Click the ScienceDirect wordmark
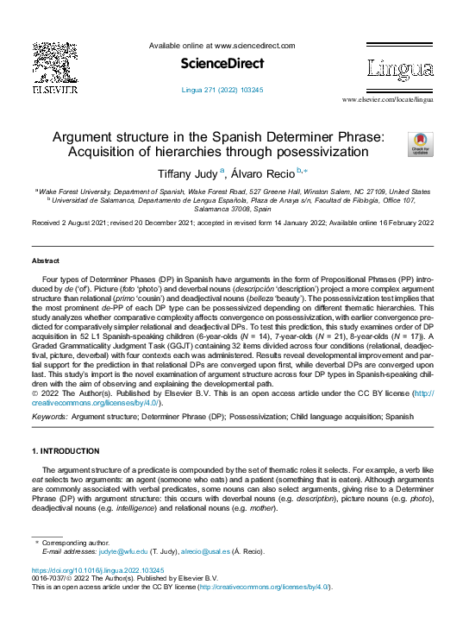[x=222, y=64]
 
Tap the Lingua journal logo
[x=399, y=69]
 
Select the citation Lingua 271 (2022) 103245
[x=222, y=90]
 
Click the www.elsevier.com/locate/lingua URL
[x=388, y=100]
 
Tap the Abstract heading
[x=46, y=261]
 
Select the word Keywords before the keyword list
[x=49, y=416]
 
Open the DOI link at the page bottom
[x=97, y=571]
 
